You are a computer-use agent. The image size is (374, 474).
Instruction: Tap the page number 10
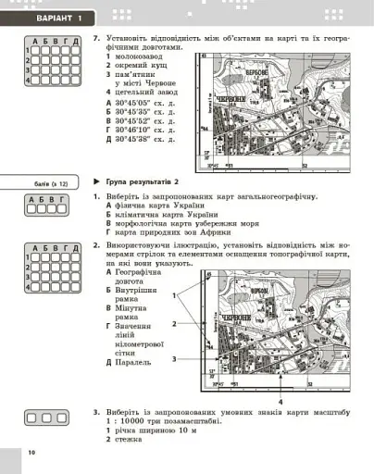31,452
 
